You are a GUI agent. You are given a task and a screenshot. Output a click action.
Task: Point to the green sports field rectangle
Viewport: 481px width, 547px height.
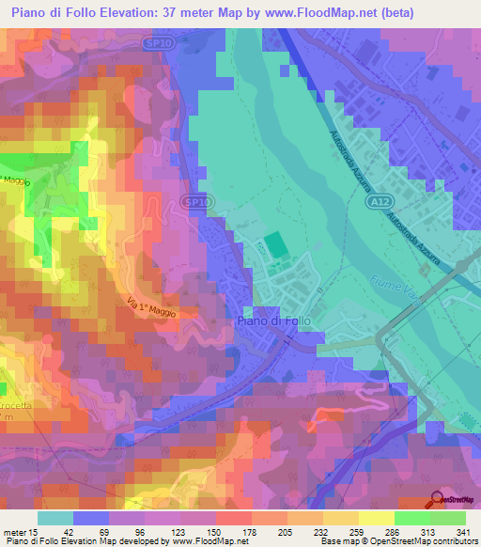coord(275,244)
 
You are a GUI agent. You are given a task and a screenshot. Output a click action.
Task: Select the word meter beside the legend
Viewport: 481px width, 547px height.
coord(15,530)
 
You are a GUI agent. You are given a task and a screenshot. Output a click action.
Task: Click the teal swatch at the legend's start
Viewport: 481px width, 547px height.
coord(55,517)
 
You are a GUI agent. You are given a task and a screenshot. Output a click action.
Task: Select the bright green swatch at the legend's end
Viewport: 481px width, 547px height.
coord(447,517)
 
